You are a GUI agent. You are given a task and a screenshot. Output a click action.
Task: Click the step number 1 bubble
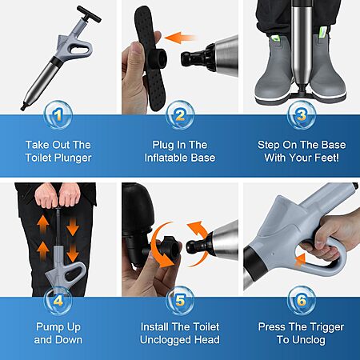[58, 115]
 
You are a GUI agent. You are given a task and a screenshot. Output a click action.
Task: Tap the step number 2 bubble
[180, 115]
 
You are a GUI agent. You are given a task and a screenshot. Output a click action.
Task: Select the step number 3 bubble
[302, 115]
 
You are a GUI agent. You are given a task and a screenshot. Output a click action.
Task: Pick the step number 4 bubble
[58, 301]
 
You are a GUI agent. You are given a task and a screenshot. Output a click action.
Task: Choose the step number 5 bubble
[180, 301]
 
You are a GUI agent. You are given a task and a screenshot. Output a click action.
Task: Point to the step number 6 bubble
[302, 301]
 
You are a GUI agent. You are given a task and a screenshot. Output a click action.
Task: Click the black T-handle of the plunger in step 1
[89, 14]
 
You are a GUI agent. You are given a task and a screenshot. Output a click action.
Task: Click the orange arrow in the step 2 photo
[181, 38]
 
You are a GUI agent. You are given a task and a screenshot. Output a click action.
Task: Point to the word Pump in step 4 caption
[47, 327]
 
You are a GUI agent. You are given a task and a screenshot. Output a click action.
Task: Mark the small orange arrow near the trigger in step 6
[300, 260]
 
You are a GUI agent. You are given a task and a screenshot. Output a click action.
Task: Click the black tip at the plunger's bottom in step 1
[23, 107]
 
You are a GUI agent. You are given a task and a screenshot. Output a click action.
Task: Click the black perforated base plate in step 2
[150, 58]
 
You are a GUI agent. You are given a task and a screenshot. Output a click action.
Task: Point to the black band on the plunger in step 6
[254, 259]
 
